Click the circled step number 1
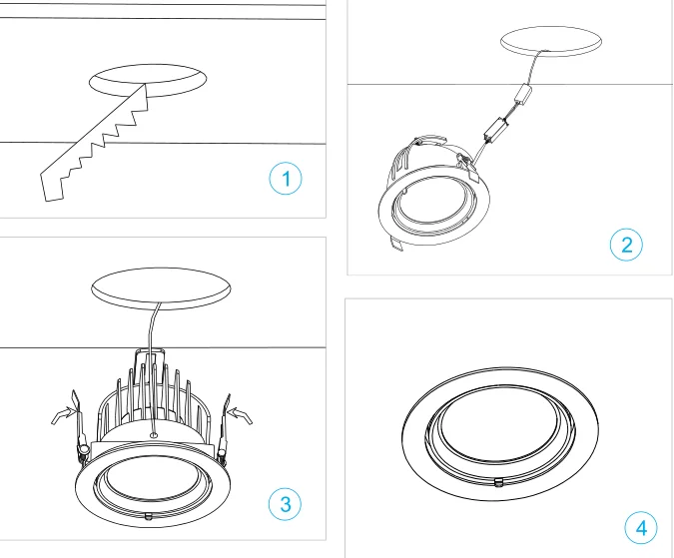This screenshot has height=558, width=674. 286,179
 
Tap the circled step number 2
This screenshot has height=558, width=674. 626,245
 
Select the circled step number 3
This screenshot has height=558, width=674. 285,504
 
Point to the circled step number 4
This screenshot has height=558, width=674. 641,527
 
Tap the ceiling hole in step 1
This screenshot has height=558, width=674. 148,80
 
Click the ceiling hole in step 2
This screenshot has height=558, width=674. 551,41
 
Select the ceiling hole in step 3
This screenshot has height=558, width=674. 161,288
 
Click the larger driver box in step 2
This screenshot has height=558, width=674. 496,129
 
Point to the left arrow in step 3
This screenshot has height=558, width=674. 62,415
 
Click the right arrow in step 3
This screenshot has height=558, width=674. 240,415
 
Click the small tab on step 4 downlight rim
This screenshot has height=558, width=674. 498,482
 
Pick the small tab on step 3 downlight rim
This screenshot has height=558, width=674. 149,516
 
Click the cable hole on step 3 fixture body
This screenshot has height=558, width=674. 154,435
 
